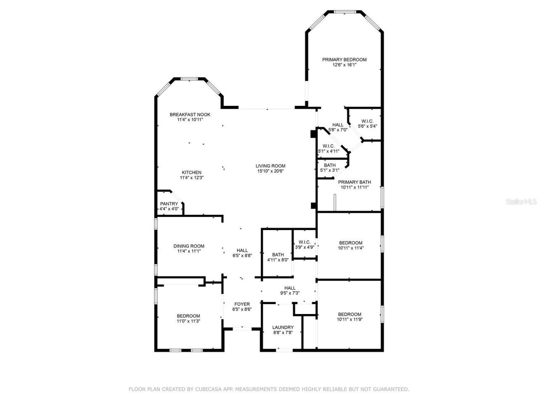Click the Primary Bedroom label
click(x=344, y=60)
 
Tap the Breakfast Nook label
click(x=190, y=115)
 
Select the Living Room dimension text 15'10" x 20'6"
click(x=271, y=171)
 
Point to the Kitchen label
click(x=191, y=173)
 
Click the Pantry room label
click(x=169, y=204)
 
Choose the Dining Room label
click(x=189, y=246)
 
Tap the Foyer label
click(x=242, y=304)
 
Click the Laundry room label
click(x=283, y=327)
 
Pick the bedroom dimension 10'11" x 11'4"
click(x=351, y=248)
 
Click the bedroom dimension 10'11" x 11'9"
click(x=349, y=319)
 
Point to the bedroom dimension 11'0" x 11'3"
click(x=188, y=321)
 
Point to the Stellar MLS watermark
click(x=522, y=201)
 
